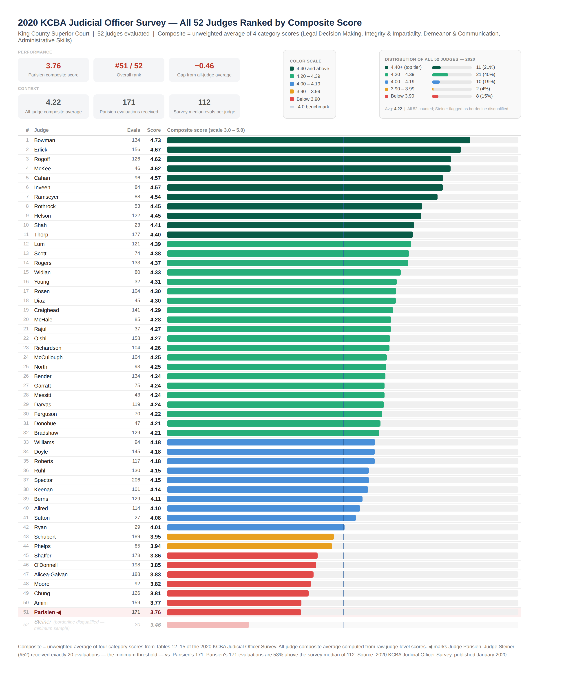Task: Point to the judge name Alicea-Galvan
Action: point(51,575)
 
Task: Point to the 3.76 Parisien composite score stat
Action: point(53,66)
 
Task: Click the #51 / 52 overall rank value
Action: point(129,66)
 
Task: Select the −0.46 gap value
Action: point(204,66)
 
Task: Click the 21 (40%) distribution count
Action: point(485,75)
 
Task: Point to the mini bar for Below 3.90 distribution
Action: point(435,96)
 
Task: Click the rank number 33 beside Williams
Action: point(26,442)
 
